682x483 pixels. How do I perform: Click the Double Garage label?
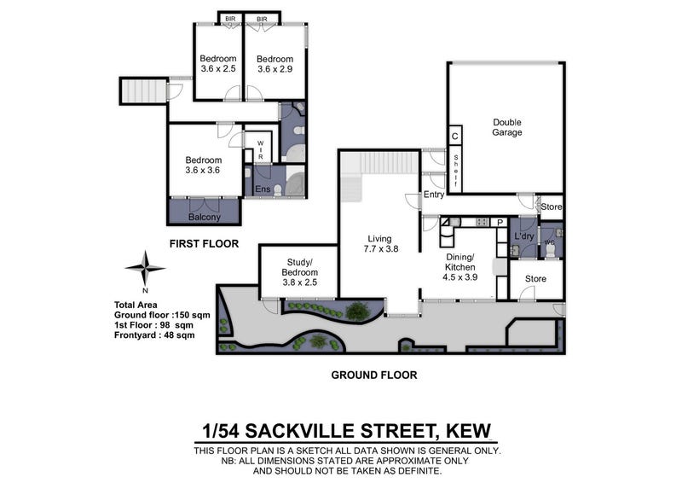coord(507,127)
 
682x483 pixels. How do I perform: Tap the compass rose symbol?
coord(145,268)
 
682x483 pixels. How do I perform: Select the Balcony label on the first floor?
coord(205,217)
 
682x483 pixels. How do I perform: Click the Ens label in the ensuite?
coord(263,189)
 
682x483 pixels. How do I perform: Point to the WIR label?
coord(261,150)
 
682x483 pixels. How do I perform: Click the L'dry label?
coord(524,236)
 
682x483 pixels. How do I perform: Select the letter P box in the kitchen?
coord(500,223)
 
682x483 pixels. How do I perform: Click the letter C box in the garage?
coord(455,137)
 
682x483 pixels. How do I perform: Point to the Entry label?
coord(434,195)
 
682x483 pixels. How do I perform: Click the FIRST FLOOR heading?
coord(204,244)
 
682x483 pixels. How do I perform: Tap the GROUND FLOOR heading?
coord(374,375)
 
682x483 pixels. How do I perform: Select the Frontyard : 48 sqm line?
coord(154,335)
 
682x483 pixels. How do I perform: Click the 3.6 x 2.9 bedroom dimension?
coord(275,69)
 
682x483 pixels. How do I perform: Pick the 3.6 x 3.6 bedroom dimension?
coord(203,171)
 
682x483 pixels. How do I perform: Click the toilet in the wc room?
coord(550,250)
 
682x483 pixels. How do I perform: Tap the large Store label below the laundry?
coord(535,279)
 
